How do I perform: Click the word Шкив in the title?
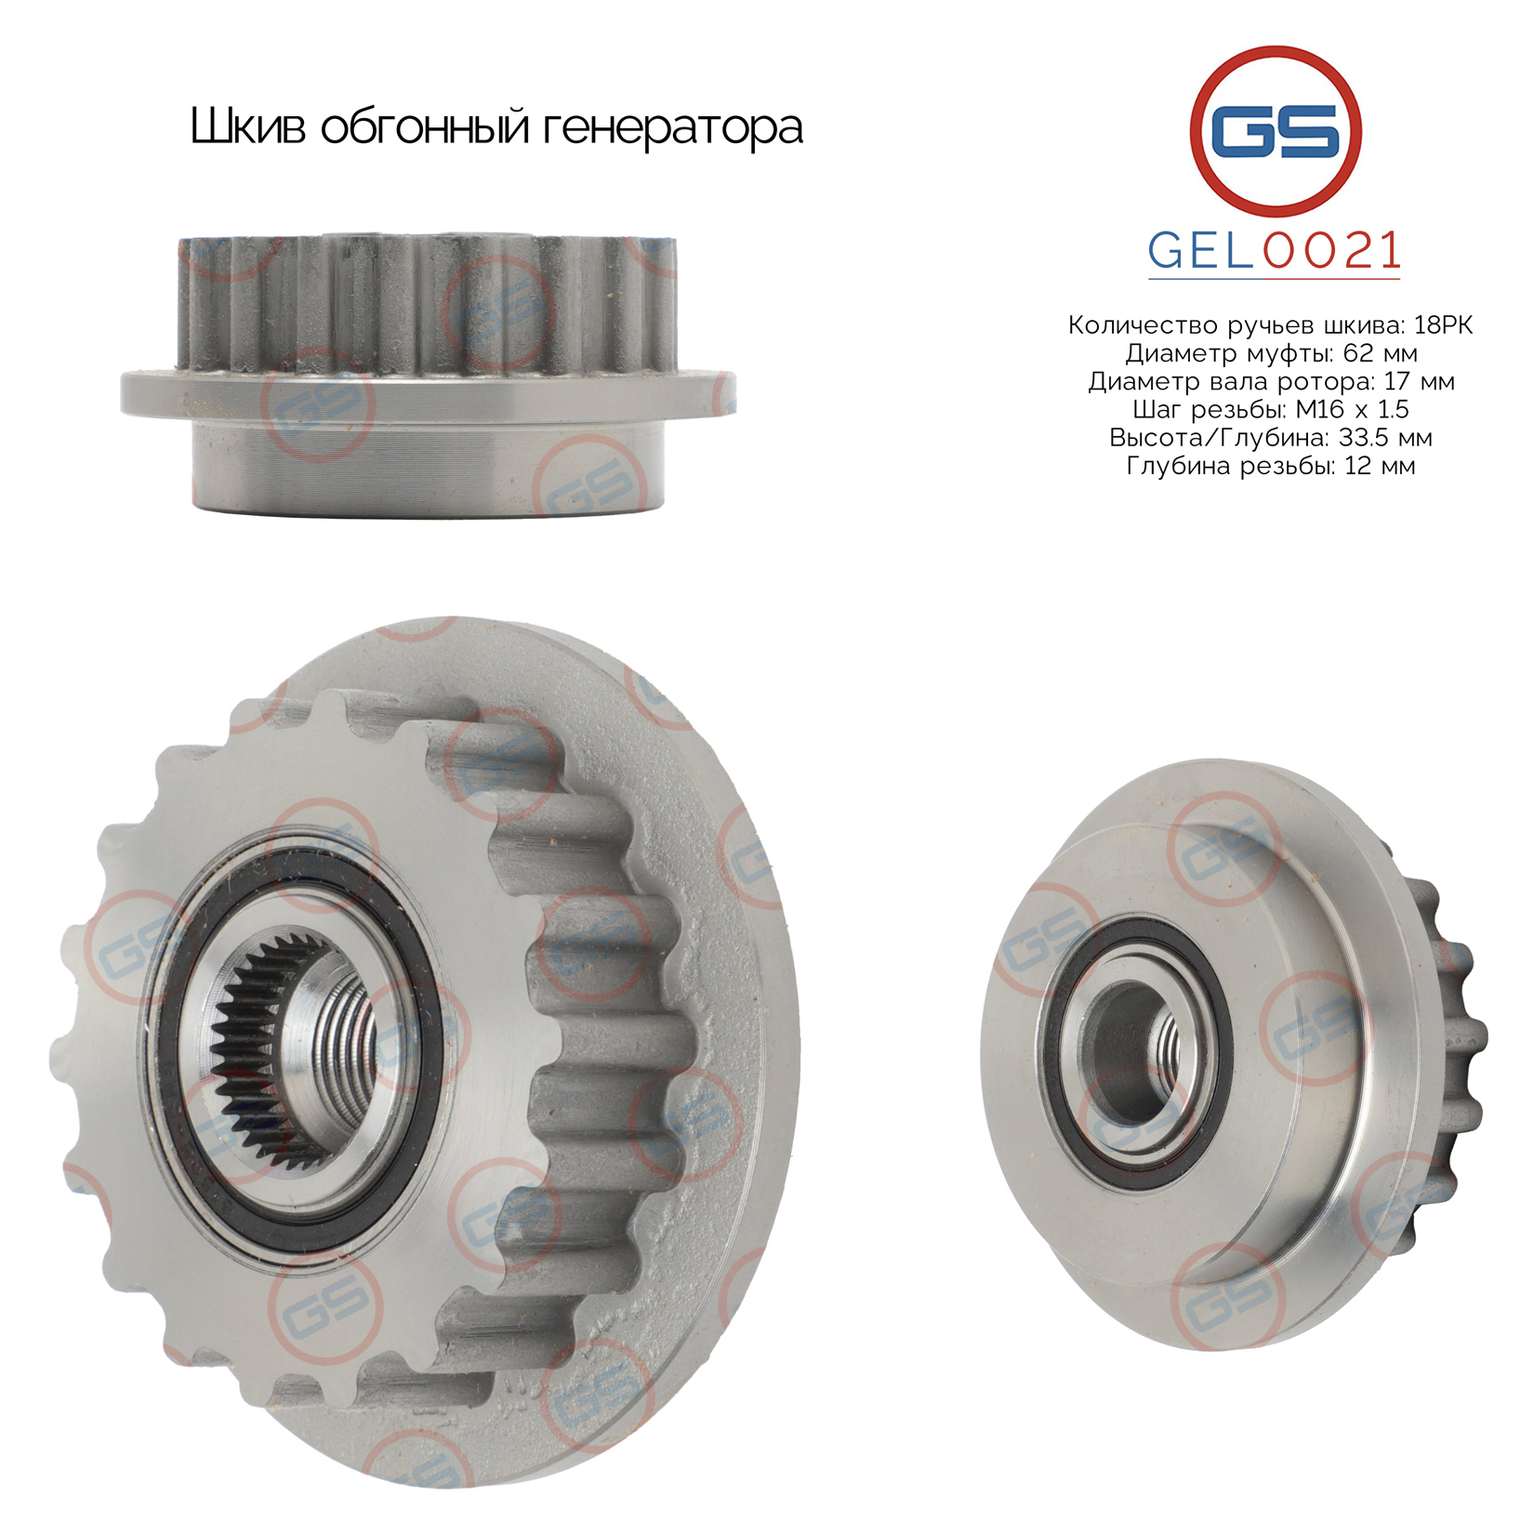(x=247, y=126)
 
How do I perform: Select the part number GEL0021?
(x=1275, y=250)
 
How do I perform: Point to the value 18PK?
(x=1443, y=325)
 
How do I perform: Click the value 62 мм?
(x=1381, y=353)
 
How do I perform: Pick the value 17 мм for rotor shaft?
(x=1419, y=381)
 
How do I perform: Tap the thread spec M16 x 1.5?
(x=1352, y=409)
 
